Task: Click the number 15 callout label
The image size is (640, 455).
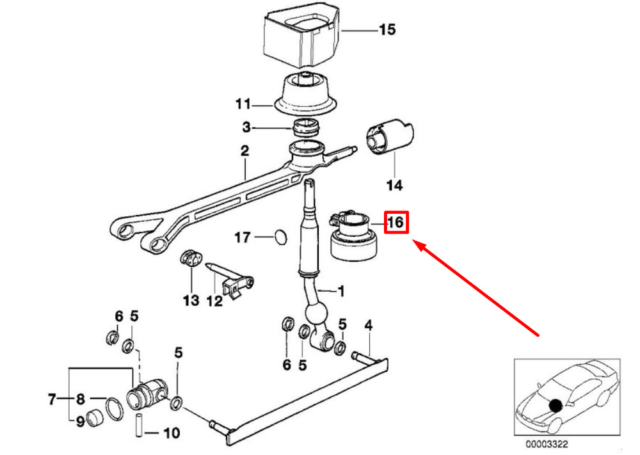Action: (387, 29)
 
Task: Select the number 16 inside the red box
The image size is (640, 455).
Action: (396, 223)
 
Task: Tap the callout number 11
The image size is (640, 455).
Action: (243, 104)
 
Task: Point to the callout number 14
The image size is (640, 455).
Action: (395, 186)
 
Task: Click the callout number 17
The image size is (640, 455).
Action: (243, 237)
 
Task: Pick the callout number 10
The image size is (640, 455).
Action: (172, 433)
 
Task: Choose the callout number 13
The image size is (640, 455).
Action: (191, 300)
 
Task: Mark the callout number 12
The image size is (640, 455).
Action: (214, 301)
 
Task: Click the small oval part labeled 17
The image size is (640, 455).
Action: (280, 237)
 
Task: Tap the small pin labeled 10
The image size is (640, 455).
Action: (139, 426)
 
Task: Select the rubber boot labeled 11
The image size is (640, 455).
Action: (306, 94)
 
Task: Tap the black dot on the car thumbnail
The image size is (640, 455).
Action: (555, 405)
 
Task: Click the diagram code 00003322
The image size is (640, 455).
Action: (547, 444)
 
